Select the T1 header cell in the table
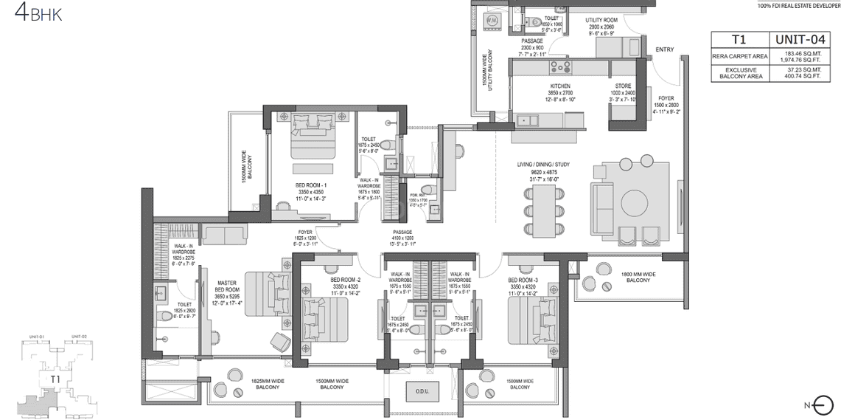coord(739,40)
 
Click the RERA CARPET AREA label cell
coord(739,56)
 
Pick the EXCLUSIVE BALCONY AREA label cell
coord(739,72)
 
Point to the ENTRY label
coord(664,49)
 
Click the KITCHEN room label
coord(560,86)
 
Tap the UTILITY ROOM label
coord(601,20)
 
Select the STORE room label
coord(624,86)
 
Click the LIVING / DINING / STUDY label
coord(545,165)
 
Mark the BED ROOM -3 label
coord(523,280)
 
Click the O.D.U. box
coord(422,390)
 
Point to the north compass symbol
coord(824,404)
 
